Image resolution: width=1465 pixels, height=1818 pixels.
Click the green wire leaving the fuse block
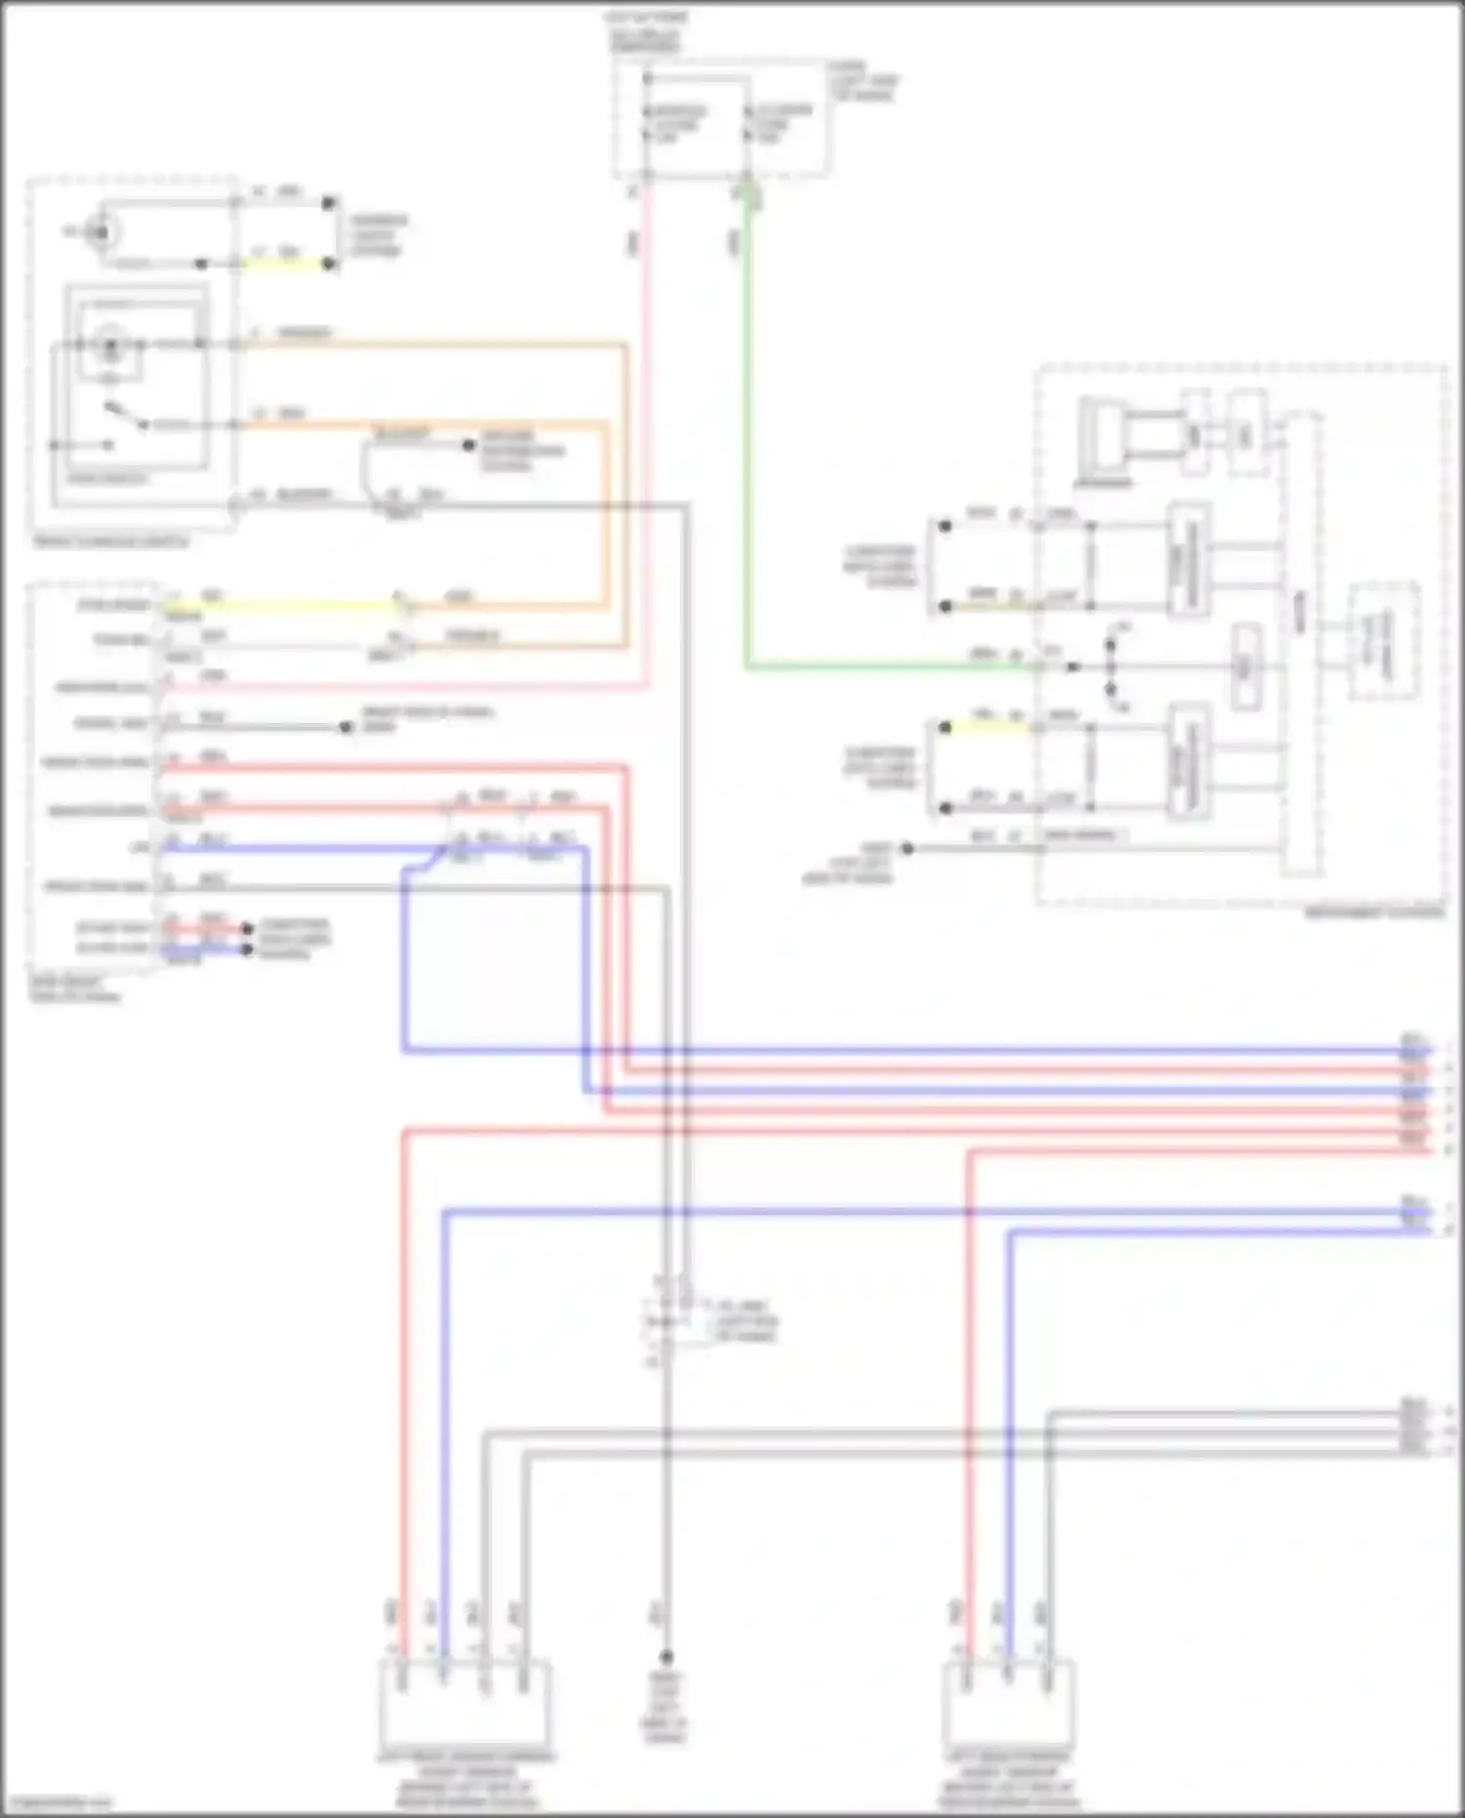[x=747, y=440]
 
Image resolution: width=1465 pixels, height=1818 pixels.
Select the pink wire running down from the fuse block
[x=646, y=440]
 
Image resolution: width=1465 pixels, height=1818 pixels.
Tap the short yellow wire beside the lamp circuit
[x=283, y=264]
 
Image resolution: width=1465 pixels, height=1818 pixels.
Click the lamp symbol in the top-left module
[x=98, y=233]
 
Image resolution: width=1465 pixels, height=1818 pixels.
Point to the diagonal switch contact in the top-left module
[x=121, y=415]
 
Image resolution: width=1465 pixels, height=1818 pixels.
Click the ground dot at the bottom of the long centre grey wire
[x=666, y=1658]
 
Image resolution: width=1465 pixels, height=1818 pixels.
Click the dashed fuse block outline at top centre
[x=723, y=119]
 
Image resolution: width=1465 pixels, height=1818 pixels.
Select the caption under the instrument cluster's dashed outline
[x=1375, y=913]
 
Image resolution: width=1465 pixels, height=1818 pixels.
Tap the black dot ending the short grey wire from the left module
[x=345, y=728]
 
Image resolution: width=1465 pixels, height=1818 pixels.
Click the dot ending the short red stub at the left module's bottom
[x=247, y=928]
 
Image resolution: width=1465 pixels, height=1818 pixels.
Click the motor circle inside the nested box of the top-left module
[x=110, y=346]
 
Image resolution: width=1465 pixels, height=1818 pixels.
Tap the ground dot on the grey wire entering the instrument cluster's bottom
[x=907, y=848]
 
